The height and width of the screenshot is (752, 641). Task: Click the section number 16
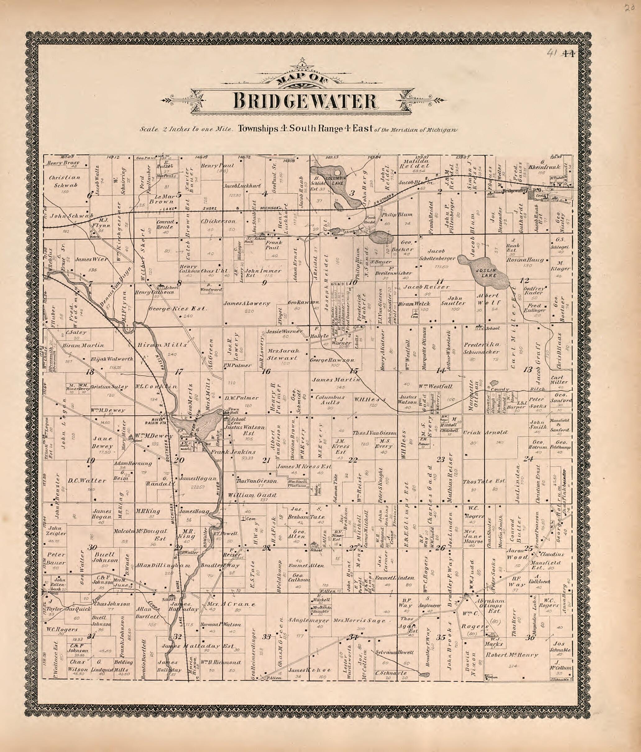click(x=266, y=371)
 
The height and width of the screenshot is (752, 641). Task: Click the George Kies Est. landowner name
click(x=178, y=308)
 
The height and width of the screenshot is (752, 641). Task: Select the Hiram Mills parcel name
click(x=162, y=344)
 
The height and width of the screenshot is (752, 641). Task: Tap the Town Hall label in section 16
click(x=232, y=411)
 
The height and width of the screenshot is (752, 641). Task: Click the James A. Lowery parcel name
click(x=247, y=303)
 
